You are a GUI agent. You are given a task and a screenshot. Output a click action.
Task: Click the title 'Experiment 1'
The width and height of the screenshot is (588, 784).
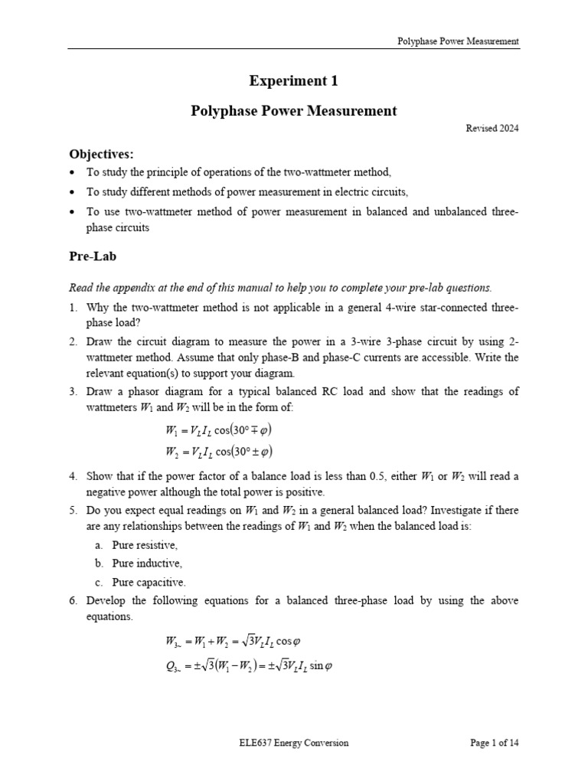[x=293, y=80]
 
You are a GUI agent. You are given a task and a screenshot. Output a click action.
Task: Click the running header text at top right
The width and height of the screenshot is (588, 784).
[x=458, y=41]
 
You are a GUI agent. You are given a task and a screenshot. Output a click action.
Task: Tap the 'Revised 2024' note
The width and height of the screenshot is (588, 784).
[x=492, y=129]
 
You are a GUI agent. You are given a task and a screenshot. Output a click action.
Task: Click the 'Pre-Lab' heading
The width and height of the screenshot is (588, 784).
[x=92, y=256]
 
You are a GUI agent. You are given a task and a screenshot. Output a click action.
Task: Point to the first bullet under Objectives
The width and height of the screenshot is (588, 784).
[x=73, y=172]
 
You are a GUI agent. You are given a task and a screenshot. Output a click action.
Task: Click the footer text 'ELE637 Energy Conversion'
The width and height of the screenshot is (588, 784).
[x=293, y=742]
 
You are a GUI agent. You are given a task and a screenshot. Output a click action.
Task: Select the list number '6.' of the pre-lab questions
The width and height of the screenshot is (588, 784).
[x=73, y=601]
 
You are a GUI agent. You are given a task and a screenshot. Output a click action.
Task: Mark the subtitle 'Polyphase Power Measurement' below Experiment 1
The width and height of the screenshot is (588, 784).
[x=293, y=110]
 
